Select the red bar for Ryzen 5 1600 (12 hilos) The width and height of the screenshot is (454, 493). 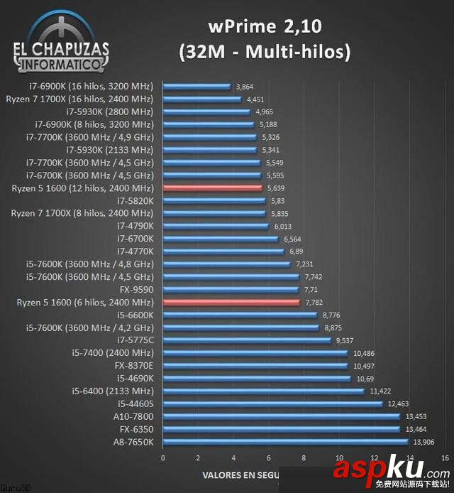(x=212, y=188)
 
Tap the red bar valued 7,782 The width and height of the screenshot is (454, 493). (x=231, y=303)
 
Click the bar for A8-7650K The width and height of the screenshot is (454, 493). (x=285, y=443)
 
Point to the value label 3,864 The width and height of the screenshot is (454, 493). (x=245, y=87)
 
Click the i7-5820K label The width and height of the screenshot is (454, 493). (x=135, y=201)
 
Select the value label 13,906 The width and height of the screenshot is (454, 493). (x=424, y=443)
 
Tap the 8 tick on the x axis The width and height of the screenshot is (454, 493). (x=304, y=457)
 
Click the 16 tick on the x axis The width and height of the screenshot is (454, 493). (x=445, y=457)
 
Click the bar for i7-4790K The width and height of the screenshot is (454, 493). (x=217, y=227)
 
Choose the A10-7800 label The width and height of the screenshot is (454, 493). (x=133, y=417)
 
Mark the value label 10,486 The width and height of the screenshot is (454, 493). (x=364, y=354)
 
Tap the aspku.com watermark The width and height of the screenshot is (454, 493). (x=391, y=470)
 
